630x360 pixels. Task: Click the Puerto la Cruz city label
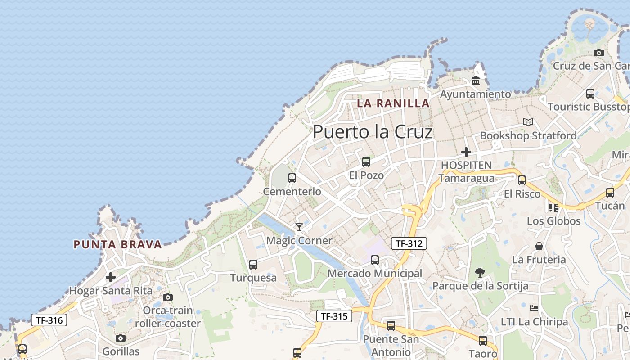pos(373,132)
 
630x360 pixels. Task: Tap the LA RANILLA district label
pos(393,103)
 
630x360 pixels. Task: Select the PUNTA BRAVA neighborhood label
pos(117,245)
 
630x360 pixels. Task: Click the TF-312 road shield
pos(409,243)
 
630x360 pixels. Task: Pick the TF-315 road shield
pos(334,316)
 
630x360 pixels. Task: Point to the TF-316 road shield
pos(49,320)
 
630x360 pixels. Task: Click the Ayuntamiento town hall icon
pos(476,81)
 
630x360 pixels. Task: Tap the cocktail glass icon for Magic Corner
pos(299,227)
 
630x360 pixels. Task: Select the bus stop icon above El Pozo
pos(366,162)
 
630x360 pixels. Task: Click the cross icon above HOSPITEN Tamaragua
pos(466,152)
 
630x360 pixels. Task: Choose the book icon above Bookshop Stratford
pos(528,122)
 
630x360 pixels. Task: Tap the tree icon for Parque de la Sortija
pos(480,272)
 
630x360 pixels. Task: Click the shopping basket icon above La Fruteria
pos(539,246)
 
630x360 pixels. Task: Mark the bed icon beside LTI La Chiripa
pos(534,308)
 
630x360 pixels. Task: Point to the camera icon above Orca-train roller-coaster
pos(168,297)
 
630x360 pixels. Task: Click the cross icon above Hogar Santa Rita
pos(111,277)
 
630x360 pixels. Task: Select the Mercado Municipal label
pos(375,273)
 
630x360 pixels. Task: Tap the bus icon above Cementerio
pos(292,178)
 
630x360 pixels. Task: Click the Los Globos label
pos(553,221)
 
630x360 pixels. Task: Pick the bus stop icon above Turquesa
pos(253,265)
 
